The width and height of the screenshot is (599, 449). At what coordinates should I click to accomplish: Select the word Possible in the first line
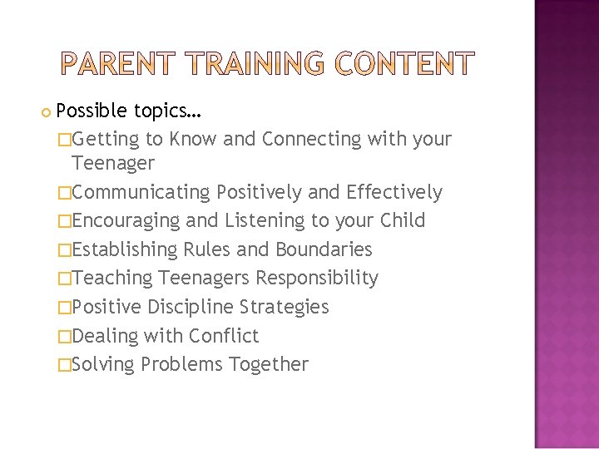tap(91, 111)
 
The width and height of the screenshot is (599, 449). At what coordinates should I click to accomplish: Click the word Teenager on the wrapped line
tap(112, 163)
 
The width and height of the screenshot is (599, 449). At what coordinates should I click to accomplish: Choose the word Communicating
tap(141, 192)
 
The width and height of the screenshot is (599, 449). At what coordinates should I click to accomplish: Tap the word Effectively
tap(394, 192)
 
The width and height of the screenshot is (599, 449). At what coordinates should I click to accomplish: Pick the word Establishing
tap(125, 249)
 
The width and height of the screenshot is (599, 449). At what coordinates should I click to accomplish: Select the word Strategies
tap(284, 307)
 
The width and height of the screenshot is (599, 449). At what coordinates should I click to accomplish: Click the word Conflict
tap(224, 336)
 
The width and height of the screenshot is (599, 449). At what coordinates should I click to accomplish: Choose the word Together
tap(268, 364)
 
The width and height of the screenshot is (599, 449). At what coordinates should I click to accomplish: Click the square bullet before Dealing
tap(65, 336)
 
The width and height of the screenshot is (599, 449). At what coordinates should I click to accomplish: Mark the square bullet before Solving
tap(65, 364)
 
